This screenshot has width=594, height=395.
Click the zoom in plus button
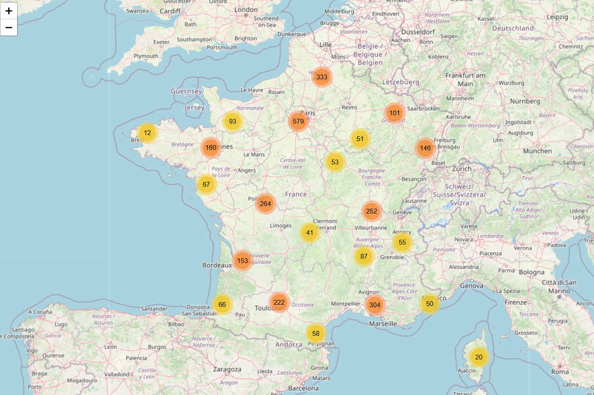click(x=9, y=11)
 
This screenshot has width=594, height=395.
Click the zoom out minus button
click(x=9, y=28)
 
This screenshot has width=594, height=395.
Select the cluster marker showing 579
click(x=298, y=121)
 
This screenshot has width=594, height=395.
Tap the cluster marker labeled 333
click(x=322, y=77)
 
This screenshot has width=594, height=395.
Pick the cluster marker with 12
click(x=148, y=133)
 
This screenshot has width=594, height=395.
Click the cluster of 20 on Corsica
click(x=479, y=357)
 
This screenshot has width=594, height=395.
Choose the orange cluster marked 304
click(x=375, y=305)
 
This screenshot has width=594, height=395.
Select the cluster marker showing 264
click(x=265, y=204)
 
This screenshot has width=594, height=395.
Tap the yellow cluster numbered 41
click(x=310, y=233)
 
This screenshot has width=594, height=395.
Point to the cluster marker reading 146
click(x=425, y=148)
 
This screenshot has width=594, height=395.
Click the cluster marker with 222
click(x=279, y=302)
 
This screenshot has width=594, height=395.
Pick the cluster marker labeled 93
click(x=232, y=121)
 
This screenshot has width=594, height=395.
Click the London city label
click(x=246, y=10)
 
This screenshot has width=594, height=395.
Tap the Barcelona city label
click(x=303, y=388)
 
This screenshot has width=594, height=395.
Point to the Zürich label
click(x=462, y=169)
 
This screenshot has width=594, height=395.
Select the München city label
click(x=538, y=151)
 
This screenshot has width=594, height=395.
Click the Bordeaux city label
click(x=217, y=265)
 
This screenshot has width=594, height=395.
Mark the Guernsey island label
click(x=186, y=91)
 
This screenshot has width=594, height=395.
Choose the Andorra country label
click(x=289, y=345)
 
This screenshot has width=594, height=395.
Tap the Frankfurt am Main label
click(x=465, y=79)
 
